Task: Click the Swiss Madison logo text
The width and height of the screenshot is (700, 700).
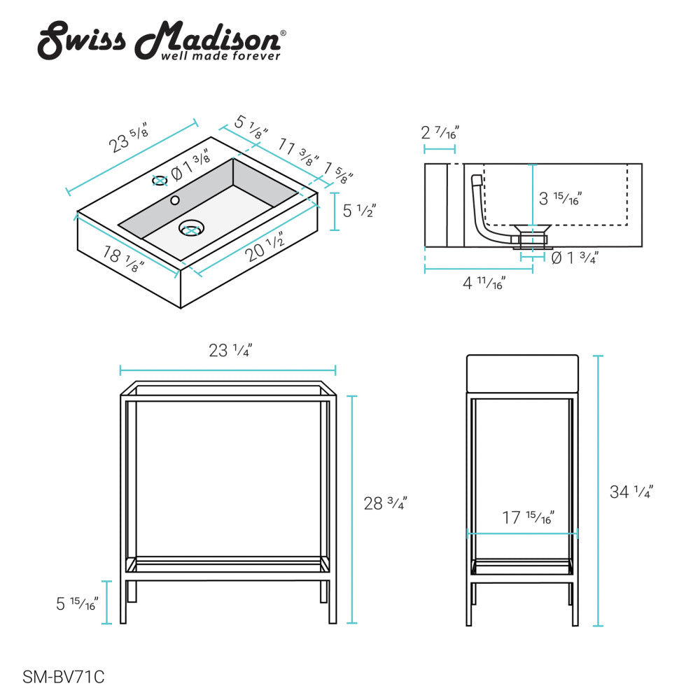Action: (161, 38)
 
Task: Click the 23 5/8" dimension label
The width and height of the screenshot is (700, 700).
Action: (129, 136)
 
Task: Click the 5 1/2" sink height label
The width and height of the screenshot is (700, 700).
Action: (359, 210)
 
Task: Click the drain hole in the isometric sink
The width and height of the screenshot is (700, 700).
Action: (190, 227)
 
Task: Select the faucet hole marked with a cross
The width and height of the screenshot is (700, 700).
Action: (160, 180)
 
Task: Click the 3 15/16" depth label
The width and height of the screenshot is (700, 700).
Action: (559, 198)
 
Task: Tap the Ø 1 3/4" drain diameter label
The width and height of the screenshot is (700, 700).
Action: (574, 258)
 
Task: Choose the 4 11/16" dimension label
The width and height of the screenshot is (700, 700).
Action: (484, 283)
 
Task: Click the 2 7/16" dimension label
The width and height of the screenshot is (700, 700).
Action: (440, 132)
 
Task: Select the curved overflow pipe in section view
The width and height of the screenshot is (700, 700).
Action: (480, 210)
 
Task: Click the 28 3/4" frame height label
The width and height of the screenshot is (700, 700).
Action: (385, 503)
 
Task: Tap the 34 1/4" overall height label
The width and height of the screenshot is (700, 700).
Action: (631, 492)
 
